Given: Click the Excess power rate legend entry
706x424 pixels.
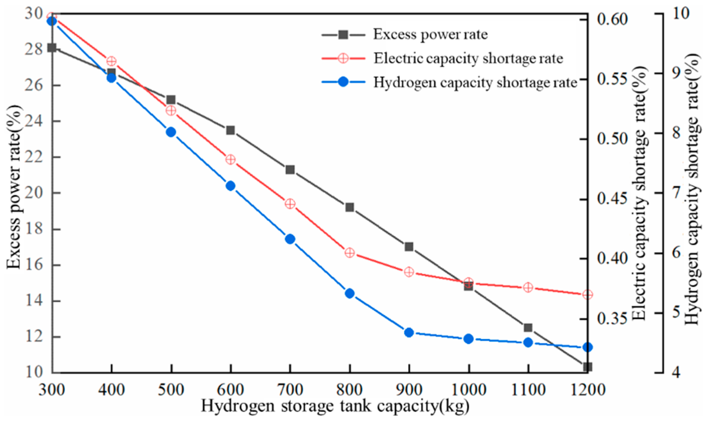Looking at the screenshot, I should click(430, 34).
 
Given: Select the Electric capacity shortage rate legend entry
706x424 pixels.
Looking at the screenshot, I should click(468, 59).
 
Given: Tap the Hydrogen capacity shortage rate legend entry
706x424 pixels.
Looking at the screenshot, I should click(475, 82).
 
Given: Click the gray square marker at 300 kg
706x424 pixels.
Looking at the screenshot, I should click(52, 48).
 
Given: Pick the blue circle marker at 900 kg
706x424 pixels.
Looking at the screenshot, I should click(409, 333).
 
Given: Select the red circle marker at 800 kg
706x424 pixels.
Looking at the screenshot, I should click(349, 253).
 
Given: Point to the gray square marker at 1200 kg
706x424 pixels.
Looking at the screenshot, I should click(587, 367).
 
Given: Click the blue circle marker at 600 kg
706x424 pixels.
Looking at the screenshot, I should click(230, 186).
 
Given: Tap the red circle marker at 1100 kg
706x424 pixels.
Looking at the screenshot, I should click(528, 287).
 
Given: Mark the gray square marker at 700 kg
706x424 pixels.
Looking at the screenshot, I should click(290, 170).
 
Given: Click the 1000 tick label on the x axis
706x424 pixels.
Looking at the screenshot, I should click(468, 390).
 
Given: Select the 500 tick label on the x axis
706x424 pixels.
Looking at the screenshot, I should click(171, 390).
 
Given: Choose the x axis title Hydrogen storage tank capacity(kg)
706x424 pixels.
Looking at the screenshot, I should click(335, 406).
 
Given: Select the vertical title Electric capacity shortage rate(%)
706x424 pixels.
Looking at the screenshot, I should click(639, 193).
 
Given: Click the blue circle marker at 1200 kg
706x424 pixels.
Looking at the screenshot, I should click(587, 347).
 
